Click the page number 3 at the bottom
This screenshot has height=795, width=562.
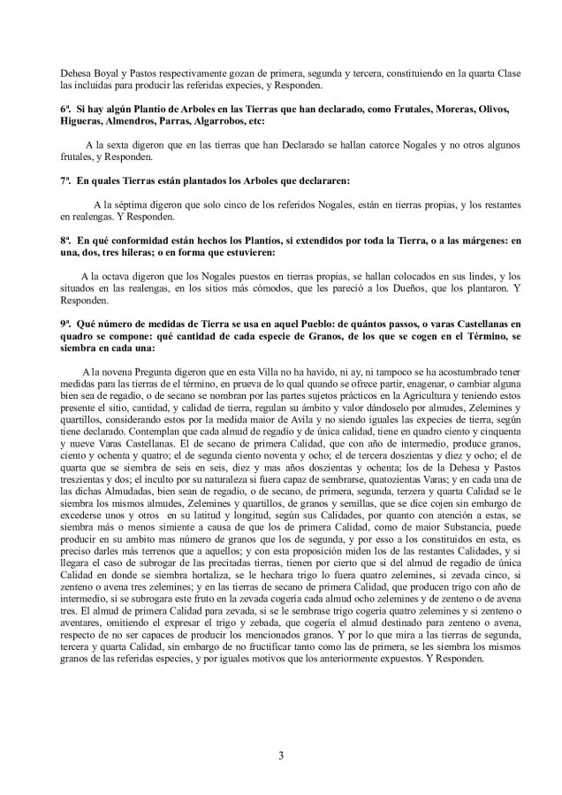(280, 756)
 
